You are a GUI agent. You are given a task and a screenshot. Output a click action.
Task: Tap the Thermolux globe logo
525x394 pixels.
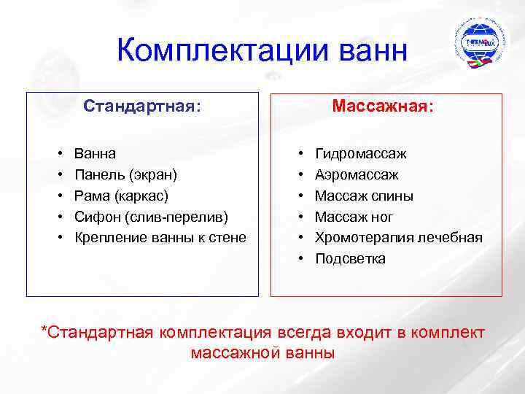[479, 43]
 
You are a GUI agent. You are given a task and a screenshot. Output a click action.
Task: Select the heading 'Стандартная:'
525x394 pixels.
[142, 107]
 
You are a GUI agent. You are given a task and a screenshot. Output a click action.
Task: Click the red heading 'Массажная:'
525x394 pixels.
[383, 107]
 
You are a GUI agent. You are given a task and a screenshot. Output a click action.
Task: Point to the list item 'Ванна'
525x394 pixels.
[95, 154]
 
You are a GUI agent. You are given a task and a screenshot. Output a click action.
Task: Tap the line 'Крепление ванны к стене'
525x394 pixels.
[160, 237]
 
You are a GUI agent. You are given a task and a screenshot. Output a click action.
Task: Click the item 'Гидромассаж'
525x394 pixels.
[360, 154]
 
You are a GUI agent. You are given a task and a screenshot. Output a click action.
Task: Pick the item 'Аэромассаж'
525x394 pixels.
[357, 175]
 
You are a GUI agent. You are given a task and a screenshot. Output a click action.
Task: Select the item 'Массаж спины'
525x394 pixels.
[364, 196]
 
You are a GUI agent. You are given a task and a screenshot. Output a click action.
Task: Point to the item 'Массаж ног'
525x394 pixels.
[354, 217]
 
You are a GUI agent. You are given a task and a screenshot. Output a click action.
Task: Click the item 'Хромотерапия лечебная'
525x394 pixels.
[398, 237]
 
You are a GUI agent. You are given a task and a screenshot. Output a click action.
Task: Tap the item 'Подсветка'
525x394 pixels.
[350, 258]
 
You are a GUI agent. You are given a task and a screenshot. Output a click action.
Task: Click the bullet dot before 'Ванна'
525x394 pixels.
[58, 155]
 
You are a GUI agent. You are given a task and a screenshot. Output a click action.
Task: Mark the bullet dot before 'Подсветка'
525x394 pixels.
[300, 259]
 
